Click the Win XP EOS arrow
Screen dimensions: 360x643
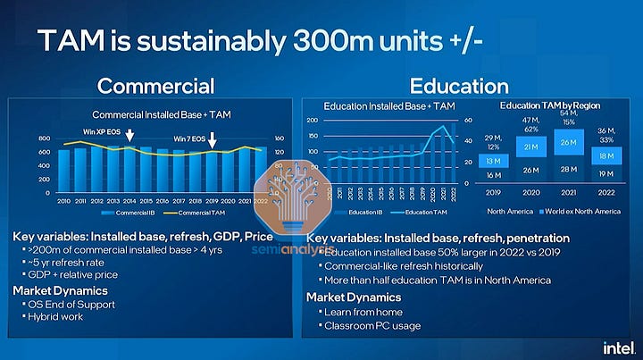point(131,136)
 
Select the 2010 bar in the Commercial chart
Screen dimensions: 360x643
point(63,170)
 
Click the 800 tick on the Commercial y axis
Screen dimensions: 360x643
point(45,140)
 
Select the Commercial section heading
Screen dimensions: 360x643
point(155,86)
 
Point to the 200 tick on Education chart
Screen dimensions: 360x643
point(313,120)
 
